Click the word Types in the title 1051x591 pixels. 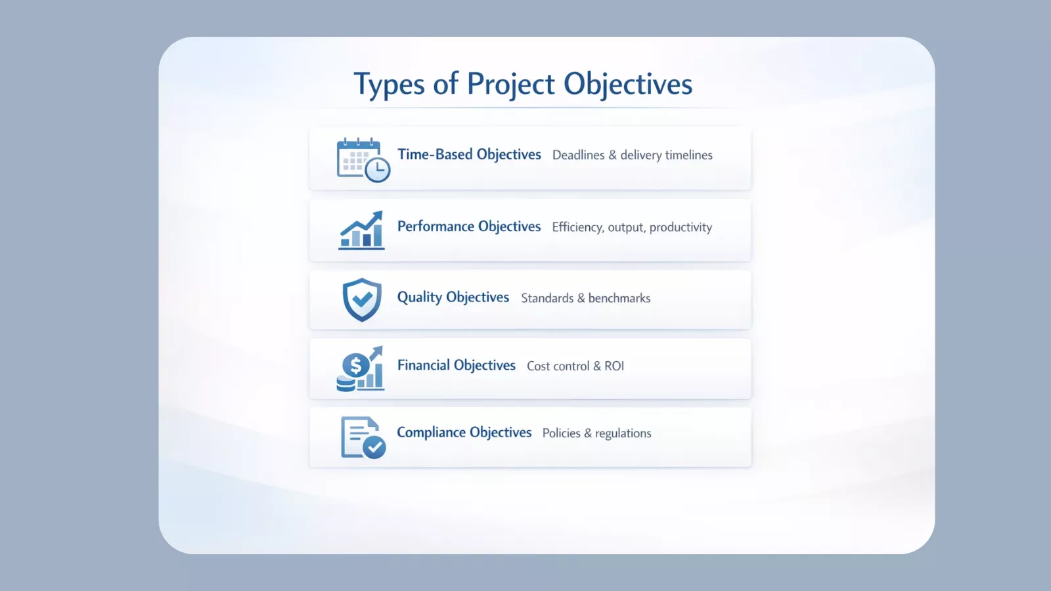[389, 85]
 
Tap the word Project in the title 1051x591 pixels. [511, 85]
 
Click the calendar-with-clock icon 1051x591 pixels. [362, 160]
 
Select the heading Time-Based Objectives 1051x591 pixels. [469, 154]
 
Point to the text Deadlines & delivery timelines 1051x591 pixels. [632, 155]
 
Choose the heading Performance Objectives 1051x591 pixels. [469, 227]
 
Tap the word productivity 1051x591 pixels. [681, 227]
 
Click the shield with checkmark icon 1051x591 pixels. [362, 299]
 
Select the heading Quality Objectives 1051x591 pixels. [453, 297]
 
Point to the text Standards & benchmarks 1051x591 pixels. [585, 298]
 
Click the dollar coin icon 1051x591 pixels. [355, 365]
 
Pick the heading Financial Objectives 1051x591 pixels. [456, 365]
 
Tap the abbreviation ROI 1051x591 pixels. [614, 366]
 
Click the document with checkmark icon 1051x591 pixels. [363, 437]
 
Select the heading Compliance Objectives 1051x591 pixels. [464, 432]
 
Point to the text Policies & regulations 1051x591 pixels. [596, 433]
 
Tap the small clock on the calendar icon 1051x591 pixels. [378, 170]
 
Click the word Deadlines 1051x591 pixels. [578, 155]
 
